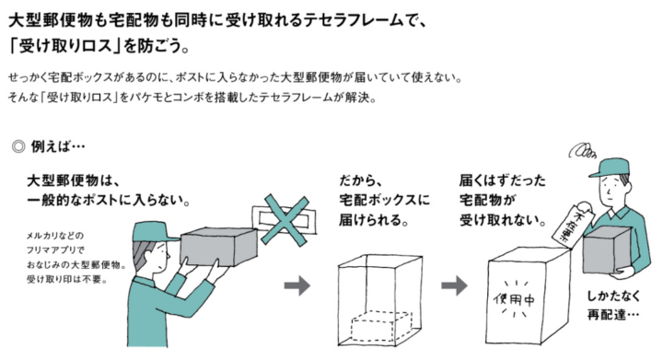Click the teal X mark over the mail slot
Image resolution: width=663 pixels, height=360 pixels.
coord(285,220)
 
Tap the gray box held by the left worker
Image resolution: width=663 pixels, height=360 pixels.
coord(218,247)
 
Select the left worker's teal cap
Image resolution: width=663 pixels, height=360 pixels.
coord(155,232)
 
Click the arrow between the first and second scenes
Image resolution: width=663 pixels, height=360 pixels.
coord(297,285)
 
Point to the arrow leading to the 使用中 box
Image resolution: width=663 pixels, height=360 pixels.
coord(454,285)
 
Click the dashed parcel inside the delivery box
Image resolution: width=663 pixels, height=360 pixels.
coord(381,326)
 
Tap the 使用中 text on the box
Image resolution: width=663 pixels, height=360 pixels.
coord(514,299)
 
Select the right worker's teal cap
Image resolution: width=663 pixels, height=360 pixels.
coord(609,168)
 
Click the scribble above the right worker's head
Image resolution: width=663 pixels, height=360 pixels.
coord(582,150)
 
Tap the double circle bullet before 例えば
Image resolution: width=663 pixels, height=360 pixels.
coord(18,146)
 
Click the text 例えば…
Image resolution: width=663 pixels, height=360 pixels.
coord(58,146)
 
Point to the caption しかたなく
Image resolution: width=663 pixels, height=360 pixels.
coord(613,296)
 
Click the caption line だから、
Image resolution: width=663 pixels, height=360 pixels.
coord(361,180)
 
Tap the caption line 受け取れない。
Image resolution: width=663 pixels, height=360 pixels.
coord(503,220)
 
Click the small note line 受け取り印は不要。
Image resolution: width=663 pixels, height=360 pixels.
coord(67,279)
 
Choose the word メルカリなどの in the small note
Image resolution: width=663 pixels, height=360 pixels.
coord(55,236)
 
